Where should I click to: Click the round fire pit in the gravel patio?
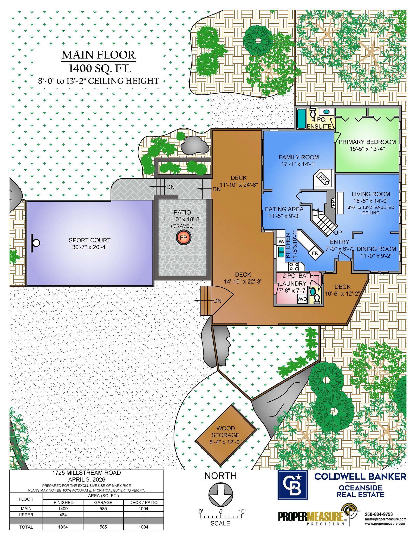coord(184,237)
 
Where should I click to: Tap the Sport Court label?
coord(90,240)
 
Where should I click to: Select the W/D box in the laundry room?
coord(302,299)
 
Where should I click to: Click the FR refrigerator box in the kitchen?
coord(315,253)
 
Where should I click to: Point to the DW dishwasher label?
coord(280,241)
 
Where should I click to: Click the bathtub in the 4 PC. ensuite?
coord(301,119)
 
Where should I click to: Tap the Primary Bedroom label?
coord(367,142)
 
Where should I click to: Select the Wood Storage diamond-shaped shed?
coord(226,435)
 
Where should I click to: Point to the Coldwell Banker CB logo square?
coord(292,485)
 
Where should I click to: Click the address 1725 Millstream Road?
coord(87,473)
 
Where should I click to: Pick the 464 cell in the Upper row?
coord(63,515)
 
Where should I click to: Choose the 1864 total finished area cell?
coord(63,527)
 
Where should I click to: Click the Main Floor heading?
coord(99,55)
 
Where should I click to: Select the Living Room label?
coord(371,194)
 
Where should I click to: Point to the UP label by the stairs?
coord(338,233)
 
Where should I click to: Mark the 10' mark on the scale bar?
coord(242,512)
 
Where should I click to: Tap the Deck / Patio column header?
coord(144,503)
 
